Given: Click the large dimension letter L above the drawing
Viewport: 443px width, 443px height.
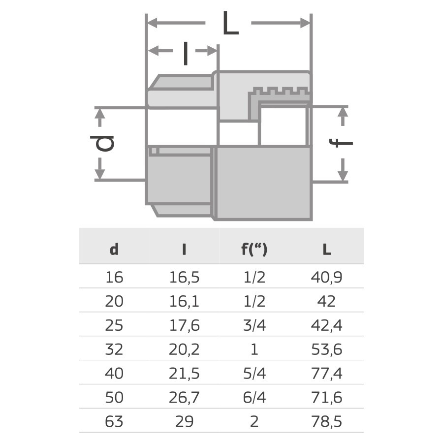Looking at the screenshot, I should point(230,23).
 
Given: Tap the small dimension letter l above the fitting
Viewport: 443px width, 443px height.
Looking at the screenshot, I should point(185,53).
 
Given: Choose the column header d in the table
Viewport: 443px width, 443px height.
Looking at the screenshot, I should point(114,250).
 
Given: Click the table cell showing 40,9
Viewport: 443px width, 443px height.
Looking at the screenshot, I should point(326,278).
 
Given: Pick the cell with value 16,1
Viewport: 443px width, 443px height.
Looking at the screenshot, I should point(184,301).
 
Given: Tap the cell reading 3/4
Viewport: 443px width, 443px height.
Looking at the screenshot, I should point(254,325).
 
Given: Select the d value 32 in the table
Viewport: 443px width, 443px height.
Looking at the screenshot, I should point(114,349).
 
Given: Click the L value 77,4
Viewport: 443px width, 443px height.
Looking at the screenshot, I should point(326,374).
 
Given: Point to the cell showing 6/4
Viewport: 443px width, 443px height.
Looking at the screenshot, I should point(254,398).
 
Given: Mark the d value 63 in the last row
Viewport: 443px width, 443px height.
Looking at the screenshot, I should point(114,422).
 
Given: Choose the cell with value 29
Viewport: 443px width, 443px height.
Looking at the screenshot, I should point(184,422).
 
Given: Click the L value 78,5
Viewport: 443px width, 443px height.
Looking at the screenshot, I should point(326,422).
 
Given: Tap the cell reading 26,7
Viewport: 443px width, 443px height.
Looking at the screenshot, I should point(184,398).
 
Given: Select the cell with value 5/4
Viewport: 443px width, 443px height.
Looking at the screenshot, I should point(254,374).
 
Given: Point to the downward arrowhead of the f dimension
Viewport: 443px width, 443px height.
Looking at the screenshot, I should point(344,175).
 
